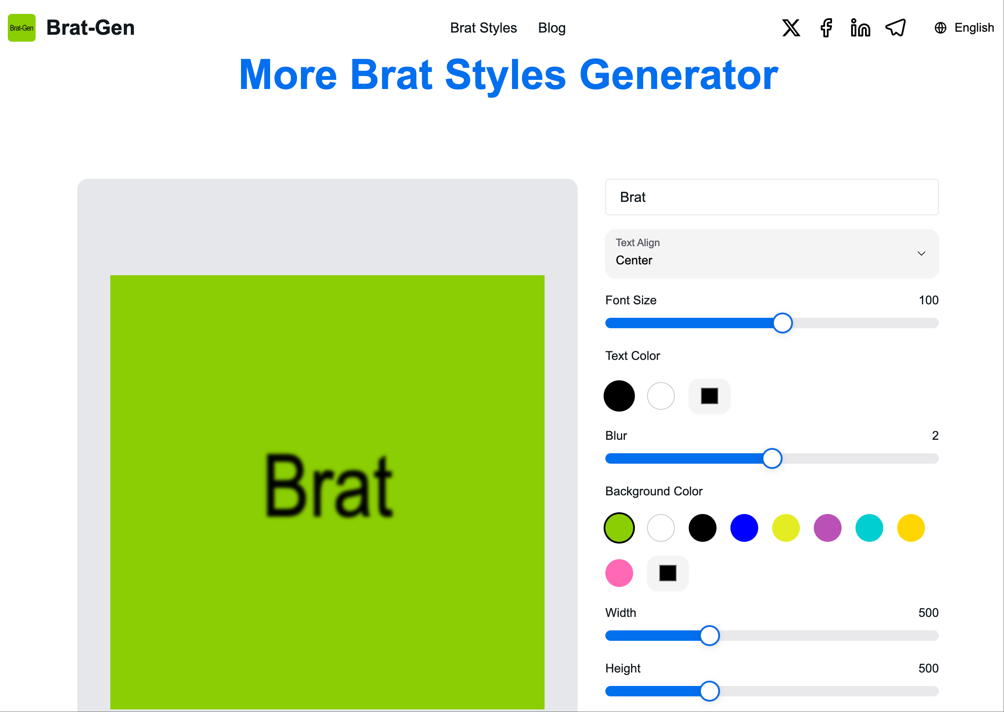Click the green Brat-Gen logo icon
pos(21,28)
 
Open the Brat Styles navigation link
pos(483,28)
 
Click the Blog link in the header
pos(552,28)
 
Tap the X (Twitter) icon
pos(791,28)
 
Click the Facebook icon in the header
pos(826,28)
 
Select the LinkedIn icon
pos(860,28)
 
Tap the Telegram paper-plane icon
pos(895,28)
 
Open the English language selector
pos(964,28)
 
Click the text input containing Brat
pos(772,197)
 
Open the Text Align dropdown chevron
pos(921,254)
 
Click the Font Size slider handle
pos(782,323)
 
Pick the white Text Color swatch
pos(661,396)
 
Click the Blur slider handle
pos(772,458)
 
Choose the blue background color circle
pos(744,528)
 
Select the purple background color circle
pos(827,528)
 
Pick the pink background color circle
pos(619,573)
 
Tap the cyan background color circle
pos(869,528)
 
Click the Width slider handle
pos(710,636)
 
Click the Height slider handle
pos(710,692)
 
